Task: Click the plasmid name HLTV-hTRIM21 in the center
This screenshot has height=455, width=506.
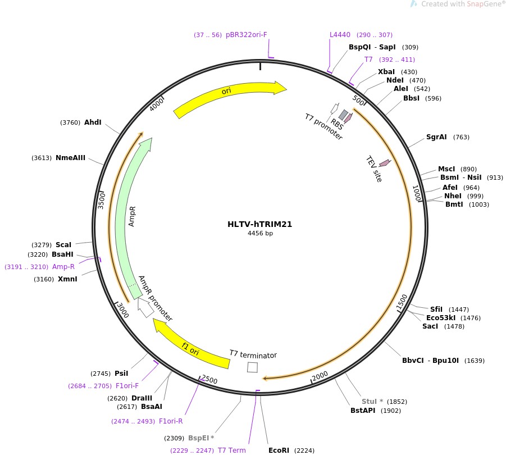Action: tap(259, 224)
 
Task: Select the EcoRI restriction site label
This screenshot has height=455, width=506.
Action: tap(279, 450)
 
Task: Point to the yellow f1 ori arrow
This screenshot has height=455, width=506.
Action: tap(191, 344)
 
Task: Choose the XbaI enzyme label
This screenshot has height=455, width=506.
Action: tap(386, 72)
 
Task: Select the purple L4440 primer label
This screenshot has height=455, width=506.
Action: tap(340, 35)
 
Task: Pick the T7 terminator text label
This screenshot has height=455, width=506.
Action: tap(253, 355)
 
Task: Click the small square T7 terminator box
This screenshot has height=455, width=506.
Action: tap(253, 367)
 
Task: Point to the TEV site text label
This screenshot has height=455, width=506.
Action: tap(374, 169)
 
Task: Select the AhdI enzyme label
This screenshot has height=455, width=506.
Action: tap(93, 122)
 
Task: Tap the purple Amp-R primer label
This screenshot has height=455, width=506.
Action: tap(63, 266)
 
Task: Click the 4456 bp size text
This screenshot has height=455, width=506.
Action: tap(259, 233)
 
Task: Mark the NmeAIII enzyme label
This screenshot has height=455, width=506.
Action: tap(70, 158)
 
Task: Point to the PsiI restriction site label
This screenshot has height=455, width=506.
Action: tap(121, 373)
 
